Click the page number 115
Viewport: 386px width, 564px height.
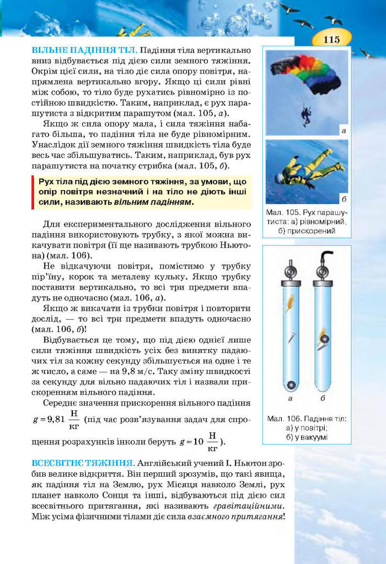click(x=331, y=39)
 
